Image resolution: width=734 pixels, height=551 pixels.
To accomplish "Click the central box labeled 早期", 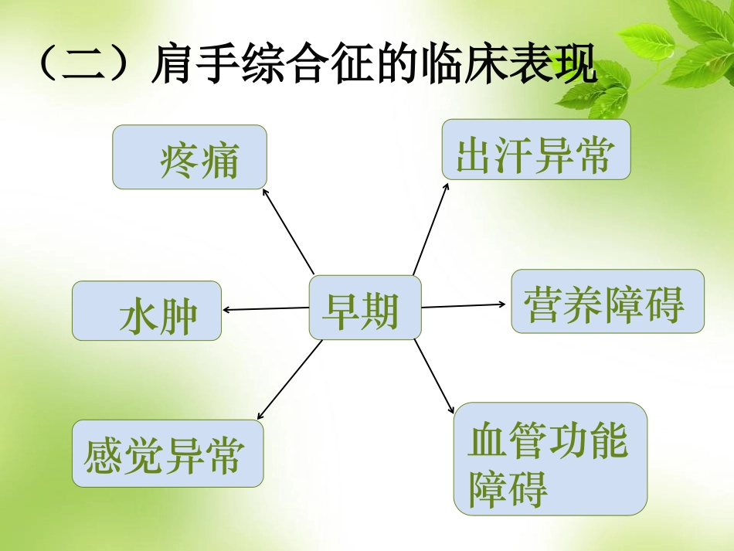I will (x=365, y=308).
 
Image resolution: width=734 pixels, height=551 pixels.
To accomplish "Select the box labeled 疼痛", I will (x=189, y=157).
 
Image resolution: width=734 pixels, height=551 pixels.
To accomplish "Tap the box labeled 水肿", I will (x=147, y=311).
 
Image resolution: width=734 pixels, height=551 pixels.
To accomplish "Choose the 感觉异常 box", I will (x=168, y=454).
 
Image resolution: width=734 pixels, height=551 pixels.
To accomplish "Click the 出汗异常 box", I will (x=536, y=150).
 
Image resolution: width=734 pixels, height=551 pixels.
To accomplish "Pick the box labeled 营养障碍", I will (x=607, y=301).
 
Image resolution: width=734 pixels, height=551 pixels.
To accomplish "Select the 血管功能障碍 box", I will (x=550, y=458).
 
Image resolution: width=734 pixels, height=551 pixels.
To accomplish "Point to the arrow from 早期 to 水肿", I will (x=266, y=309).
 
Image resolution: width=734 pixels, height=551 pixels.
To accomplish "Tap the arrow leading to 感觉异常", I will (x=290, y=380).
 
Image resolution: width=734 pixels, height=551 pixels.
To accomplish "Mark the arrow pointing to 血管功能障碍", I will (x=434, y=376).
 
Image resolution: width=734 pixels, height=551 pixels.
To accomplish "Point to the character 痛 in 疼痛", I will (x=218, y=161).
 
